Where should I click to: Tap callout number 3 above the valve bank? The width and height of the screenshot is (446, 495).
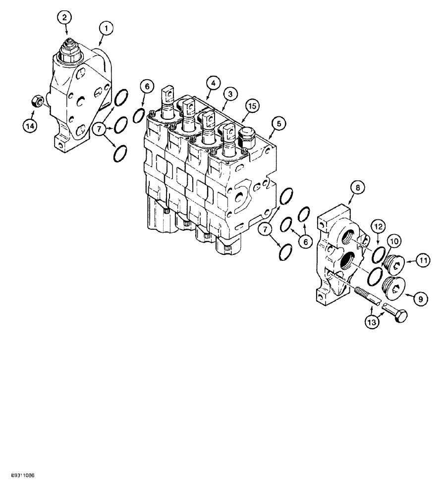228,93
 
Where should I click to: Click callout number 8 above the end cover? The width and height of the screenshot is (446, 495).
357,188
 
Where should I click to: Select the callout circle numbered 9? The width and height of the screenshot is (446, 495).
421,298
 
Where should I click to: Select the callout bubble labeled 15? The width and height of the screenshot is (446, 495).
252,105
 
